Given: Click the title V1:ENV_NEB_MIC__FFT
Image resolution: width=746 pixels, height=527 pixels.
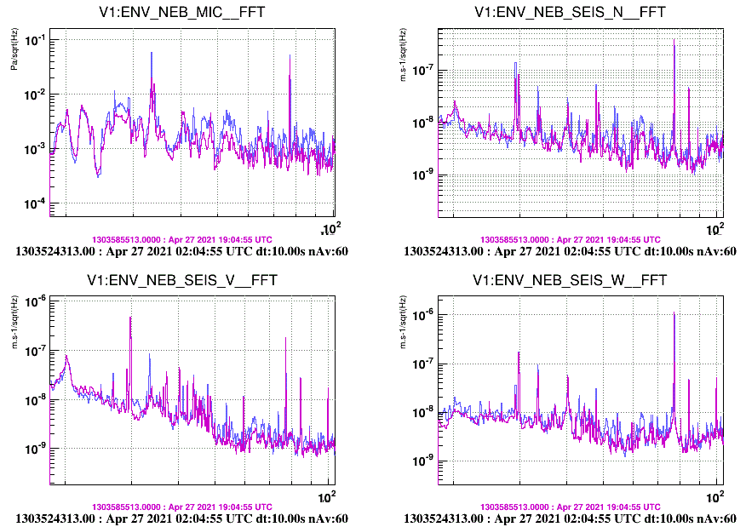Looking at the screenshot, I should [182, 11].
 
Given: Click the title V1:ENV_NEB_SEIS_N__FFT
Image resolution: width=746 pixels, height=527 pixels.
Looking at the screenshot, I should [569, 11].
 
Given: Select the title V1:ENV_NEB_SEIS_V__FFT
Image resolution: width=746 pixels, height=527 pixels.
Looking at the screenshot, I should [182, 280].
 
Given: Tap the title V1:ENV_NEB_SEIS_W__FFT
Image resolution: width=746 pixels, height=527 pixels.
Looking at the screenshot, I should [569, 280].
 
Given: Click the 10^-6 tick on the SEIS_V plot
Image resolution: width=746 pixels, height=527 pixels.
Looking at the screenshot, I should [37, 301].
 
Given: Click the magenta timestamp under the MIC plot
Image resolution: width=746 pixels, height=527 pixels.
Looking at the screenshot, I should [182, 240].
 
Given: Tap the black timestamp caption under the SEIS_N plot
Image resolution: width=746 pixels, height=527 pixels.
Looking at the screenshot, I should [569, 251].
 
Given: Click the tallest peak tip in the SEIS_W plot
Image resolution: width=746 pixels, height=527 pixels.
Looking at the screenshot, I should [674, 313].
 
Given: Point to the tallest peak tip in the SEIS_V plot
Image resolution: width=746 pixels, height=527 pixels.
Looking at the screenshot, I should [130, 318].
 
